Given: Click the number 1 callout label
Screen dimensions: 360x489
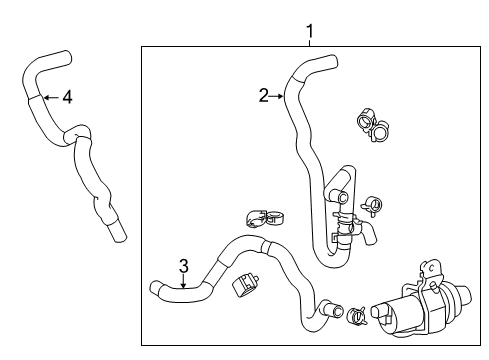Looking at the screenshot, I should tap(309, 30).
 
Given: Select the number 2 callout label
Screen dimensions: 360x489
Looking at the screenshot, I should tap(263, 96).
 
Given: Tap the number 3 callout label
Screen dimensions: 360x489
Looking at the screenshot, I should tap(183, 265).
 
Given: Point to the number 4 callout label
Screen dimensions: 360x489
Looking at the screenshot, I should tap(66, 97).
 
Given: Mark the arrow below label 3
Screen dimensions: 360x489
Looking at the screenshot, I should tap(183, 282).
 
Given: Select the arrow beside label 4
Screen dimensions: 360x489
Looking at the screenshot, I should tap(49, 97).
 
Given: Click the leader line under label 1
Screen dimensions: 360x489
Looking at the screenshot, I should tap(309, 43).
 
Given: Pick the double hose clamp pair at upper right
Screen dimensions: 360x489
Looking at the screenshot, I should tap(376, 128).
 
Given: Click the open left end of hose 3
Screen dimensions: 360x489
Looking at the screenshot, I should tap(156, 289).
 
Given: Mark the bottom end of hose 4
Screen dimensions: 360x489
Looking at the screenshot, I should tap(119, 237).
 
